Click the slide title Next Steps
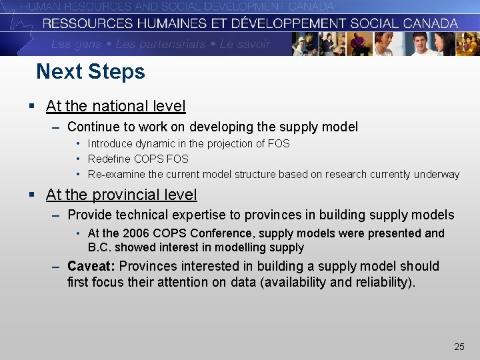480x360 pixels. pos(90,71)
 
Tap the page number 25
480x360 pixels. pos(459,347)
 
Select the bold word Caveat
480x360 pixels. pos(91,266)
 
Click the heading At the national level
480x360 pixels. pos(115,106)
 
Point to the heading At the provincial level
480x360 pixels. pos(121,195)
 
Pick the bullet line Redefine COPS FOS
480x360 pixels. pos(138,159)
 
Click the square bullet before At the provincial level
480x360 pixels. pos(31,195)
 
